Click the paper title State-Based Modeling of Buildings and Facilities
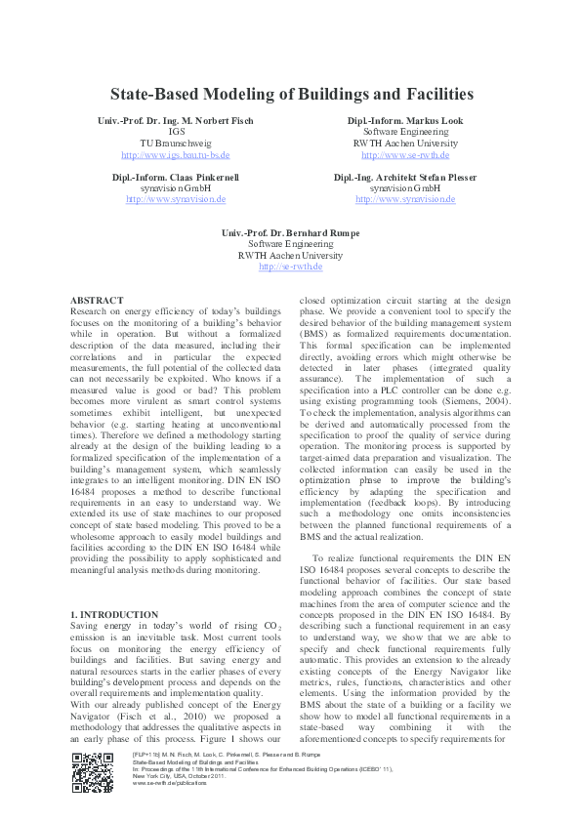[x=291, y=95]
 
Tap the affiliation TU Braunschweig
[x=176, y=144]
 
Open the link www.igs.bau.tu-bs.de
[x=176, y=155]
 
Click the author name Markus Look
[x=405, y=120]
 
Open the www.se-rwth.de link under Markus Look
[x=405, y=155]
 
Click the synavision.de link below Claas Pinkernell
[x=176, y=199]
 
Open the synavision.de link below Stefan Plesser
[x=405, y=199]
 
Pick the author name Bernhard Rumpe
[x=291, y=232]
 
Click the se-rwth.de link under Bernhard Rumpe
[x=291, y=267]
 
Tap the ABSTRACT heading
[x=98, y=300]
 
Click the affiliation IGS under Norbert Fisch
[x=176, y=132]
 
